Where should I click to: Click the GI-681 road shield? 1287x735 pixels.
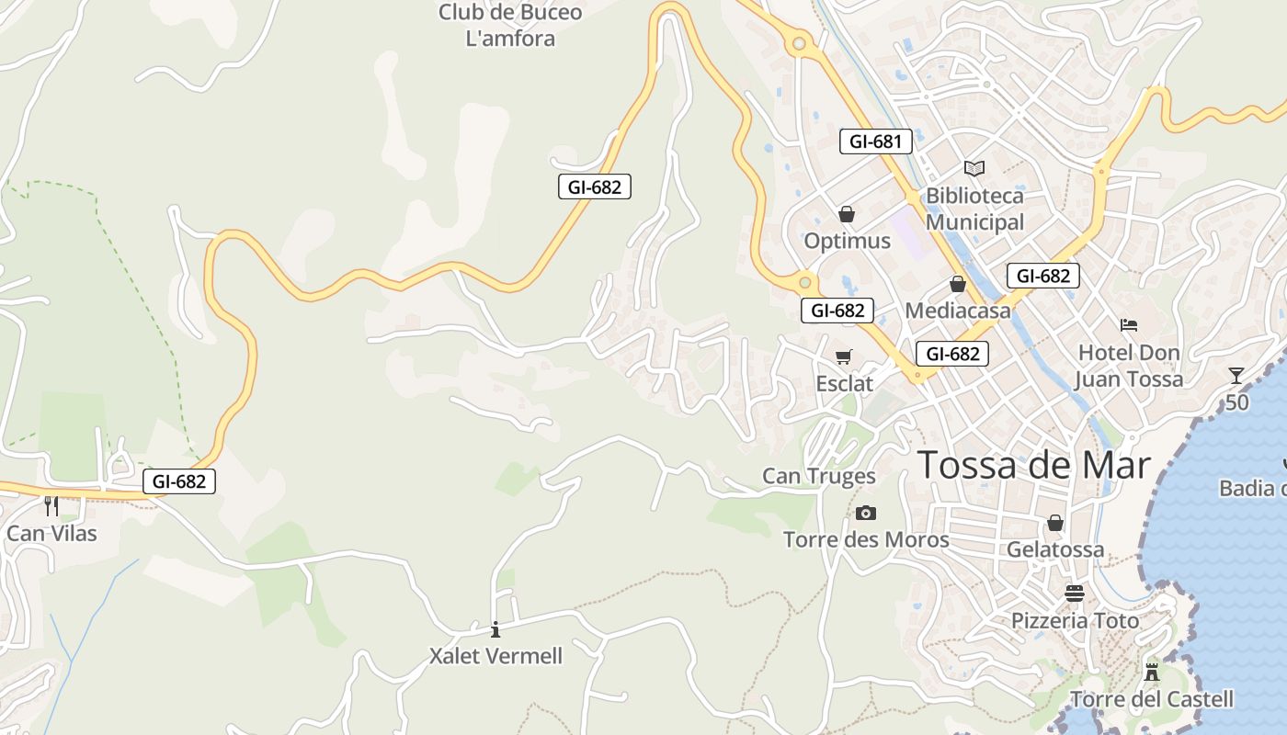[876, 141]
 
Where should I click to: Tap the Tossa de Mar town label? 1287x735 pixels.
[1034, 465]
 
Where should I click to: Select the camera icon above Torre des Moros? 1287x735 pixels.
[865, 513]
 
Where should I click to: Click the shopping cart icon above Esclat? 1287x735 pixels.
[843, 356]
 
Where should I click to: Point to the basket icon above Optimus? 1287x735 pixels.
[847, 214]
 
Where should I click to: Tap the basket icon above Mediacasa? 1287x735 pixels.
[957, 284]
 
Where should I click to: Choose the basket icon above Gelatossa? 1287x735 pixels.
[1055, 523]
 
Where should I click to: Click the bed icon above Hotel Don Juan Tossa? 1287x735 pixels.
[1129, 325]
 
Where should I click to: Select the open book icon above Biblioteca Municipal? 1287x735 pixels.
[974, 168]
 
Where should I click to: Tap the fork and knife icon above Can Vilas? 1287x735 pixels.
[51, 505]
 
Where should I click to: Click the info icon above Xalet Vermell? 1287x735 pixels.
[495, 629]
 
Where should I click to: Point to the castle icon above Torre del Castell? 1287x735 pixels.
[1151, 672]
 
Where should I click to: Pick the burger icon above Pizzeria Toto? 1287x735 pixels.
[1074, 594]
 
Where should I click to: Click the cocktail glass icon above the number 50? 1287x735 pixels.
[1236, 375]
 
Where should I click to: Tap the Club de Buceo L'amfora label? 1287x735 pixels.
[510, 26]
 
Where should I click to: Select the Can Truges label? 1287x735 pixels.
[819, 476]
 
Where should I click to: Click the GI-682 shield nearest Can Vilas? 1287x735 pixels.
[179, 481]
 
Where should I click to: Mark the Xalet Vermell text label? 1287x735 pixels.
[495, 656]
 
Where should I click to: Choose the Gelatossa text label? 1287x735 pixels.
[1055, 549]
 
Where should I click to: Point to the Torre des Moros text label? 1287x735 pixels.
[866, 539]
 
